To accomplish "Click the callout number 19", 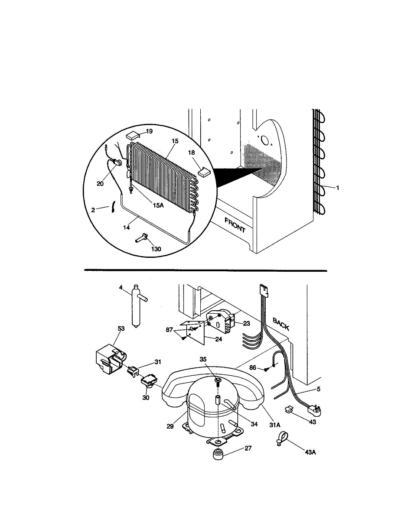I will point(149,131).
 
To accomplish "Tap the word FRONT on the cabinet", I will point(235,225).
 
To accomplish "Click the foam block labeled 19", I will point(134,136).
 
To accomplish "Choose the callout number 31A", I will point(276,425).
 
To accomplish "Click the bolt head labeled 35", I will point(217,381).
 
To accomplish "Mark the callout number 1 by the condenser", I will point(338,188).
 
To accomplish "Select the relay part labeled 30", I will point(147,380).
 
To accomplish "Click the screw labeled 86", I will point(266,369).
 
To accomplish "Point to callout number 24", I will point(218,339).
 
